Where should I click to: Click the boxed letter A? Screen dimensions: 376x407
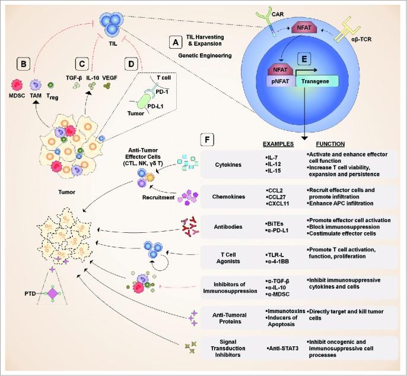point(174,42)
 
